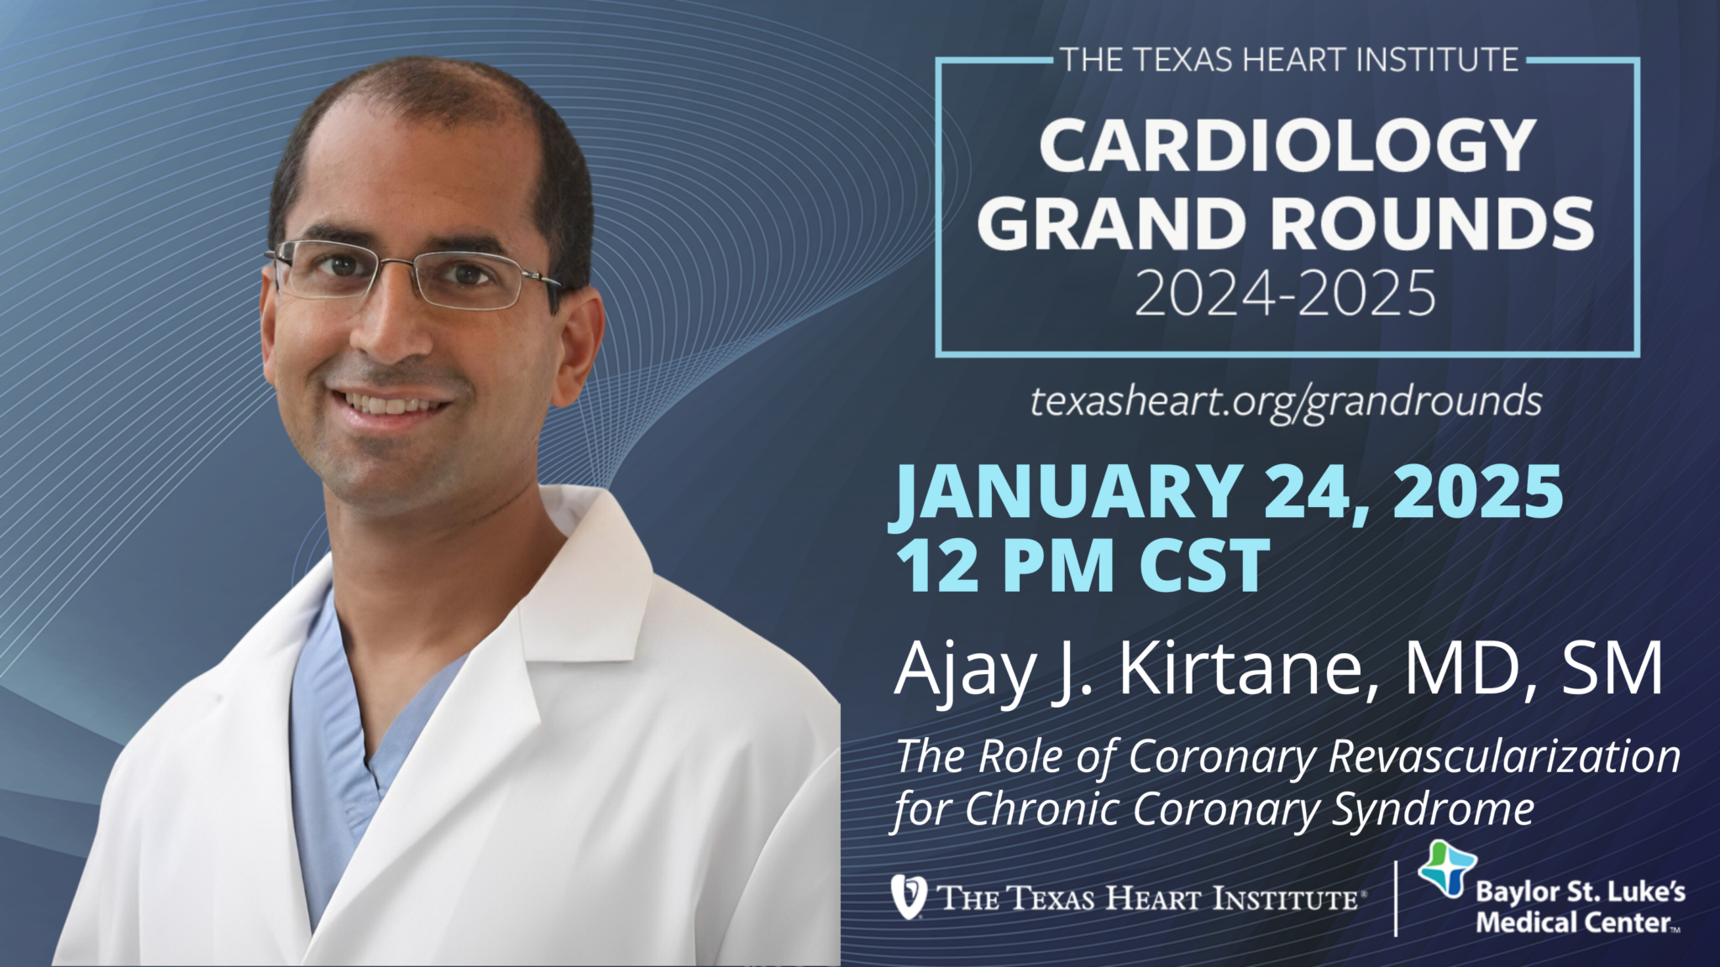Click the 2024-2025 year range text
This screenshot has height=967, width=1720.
point(1286,293)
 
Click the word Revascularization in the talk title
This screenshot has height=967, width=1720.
point(1504,756)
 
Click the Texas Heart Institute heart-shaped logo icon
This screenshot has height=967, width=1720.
point(909,896)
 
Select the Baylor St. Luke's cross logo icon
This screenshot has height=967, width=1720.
point(1447,869)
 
